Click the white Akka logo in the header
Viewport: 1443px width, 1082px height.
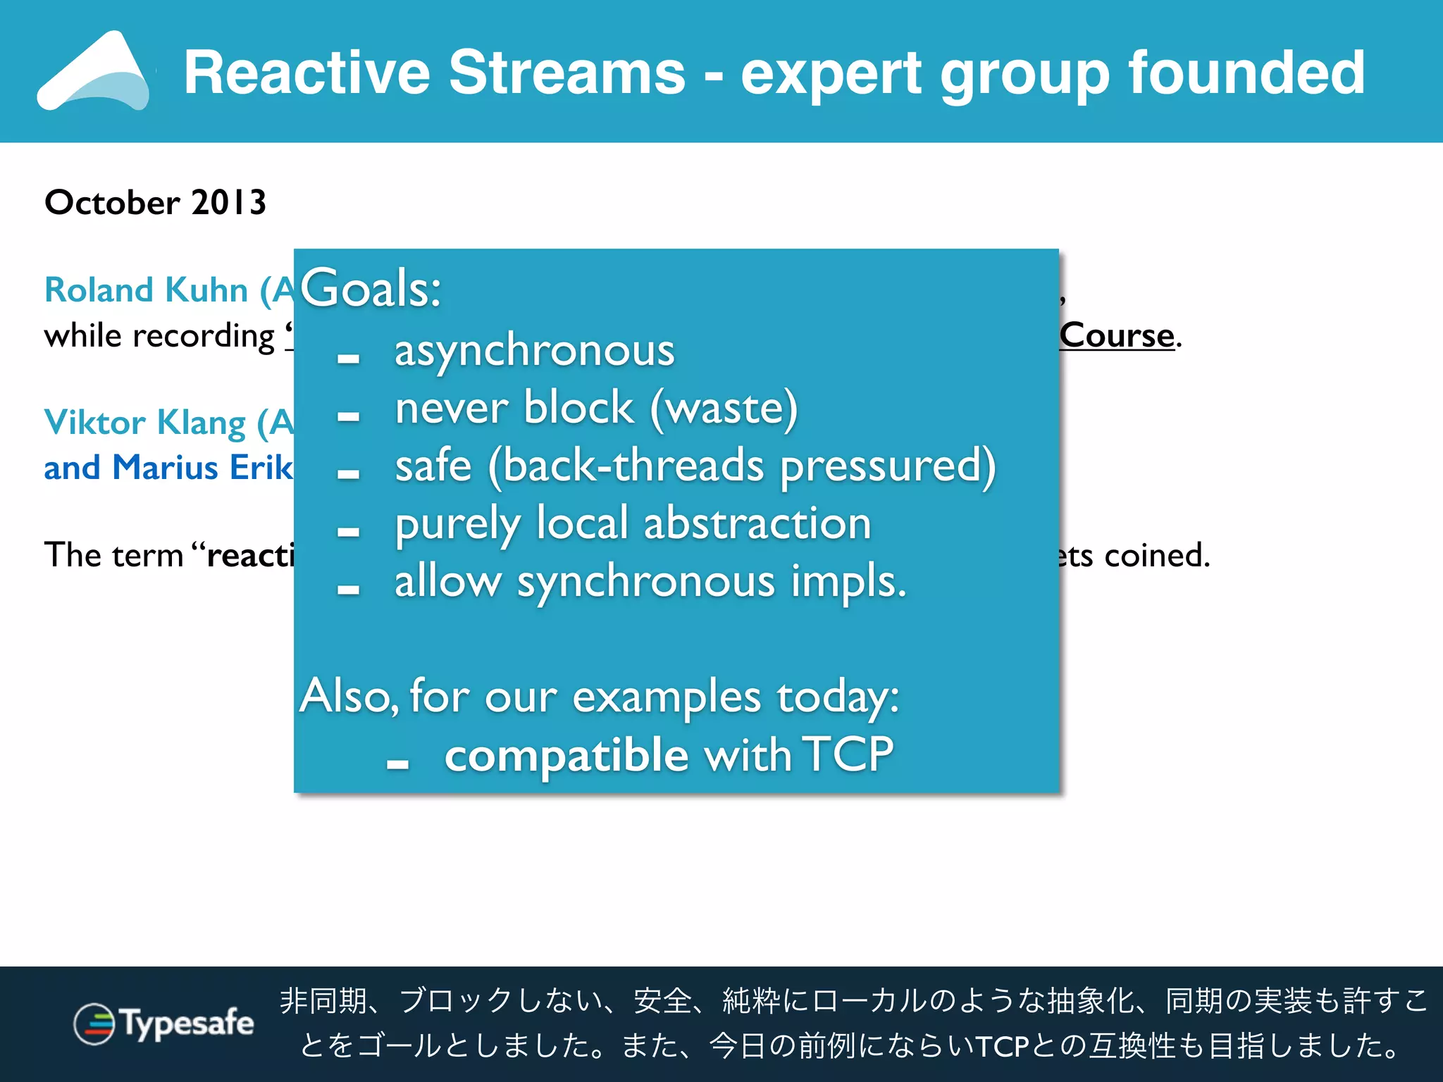coord(95,72)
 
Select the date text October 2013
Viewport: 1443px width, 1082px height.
coord(155,203)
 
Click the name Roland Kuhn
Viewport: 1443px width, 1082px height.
coord(146,290)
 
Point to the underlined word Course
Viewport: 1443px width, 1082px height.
coord(1117,335)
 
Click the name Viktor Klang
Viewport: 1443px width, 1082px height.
coord(144,423)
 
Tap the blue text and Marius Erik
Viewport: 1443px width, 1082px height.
coord(168,468)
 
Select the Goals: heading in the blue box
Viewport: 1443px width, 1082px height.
coord(371,289)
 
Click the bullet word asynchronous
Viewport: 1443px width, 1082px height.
coord(534,351)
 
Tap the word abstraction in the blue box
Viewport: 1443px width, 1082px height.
coord(757,524)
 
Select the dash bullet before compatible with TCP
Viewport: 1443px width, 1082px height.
coord(397,764)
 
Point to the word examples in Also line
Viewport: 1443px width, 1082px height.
coord(667,697)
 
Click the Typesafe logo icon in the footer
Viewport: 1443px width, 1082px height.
coord(94,1024)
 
